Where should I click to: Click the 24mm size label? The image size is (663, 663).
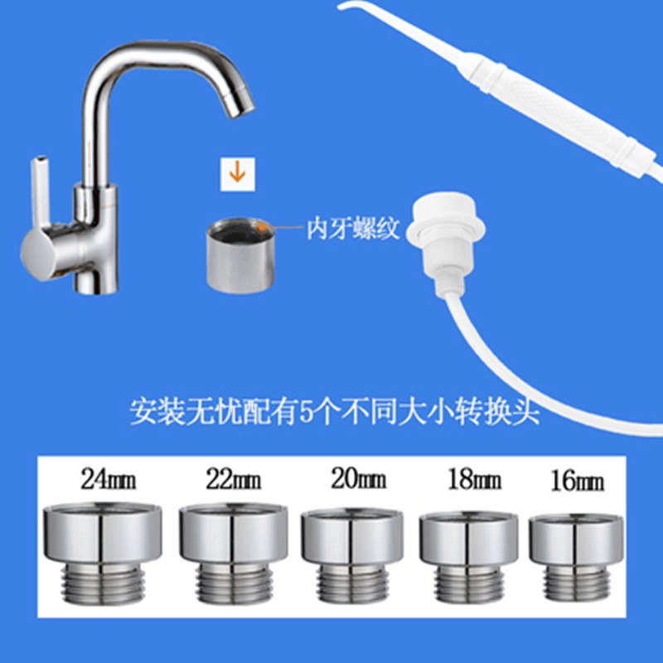(x=108, y=479)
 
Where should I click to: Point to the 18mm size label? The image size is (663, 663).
(x=469, y=479)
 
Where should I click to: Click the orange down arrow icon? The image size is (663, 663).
(x=236, y=172)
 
